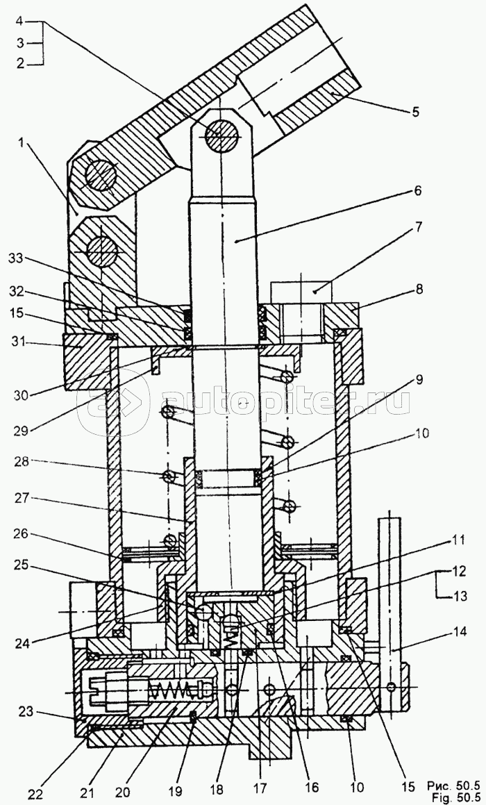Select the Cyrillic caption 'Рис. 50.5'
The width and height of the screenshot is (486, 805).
[x=451, y=785]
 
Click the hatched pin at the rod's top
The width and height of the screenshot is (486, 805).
[x=223, y=133]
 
